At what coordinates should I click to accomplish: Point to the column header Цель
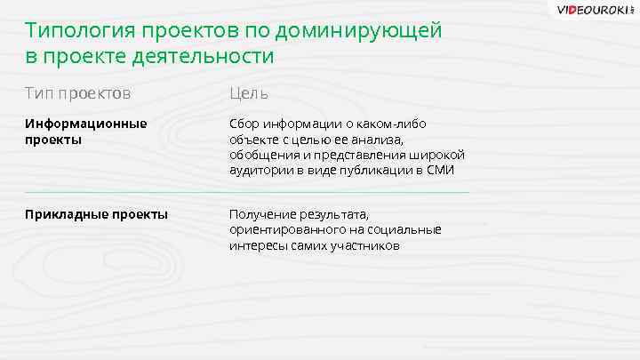click(249, 92)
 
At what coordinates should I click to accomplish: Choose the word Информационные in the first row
click(86, 124)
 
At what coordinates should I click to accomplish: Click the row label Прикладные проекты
click(97, 214)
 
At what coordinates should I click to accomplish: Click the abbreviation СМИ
click(441, 170)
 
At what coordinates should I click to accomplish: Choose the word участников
click(365, 244)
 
